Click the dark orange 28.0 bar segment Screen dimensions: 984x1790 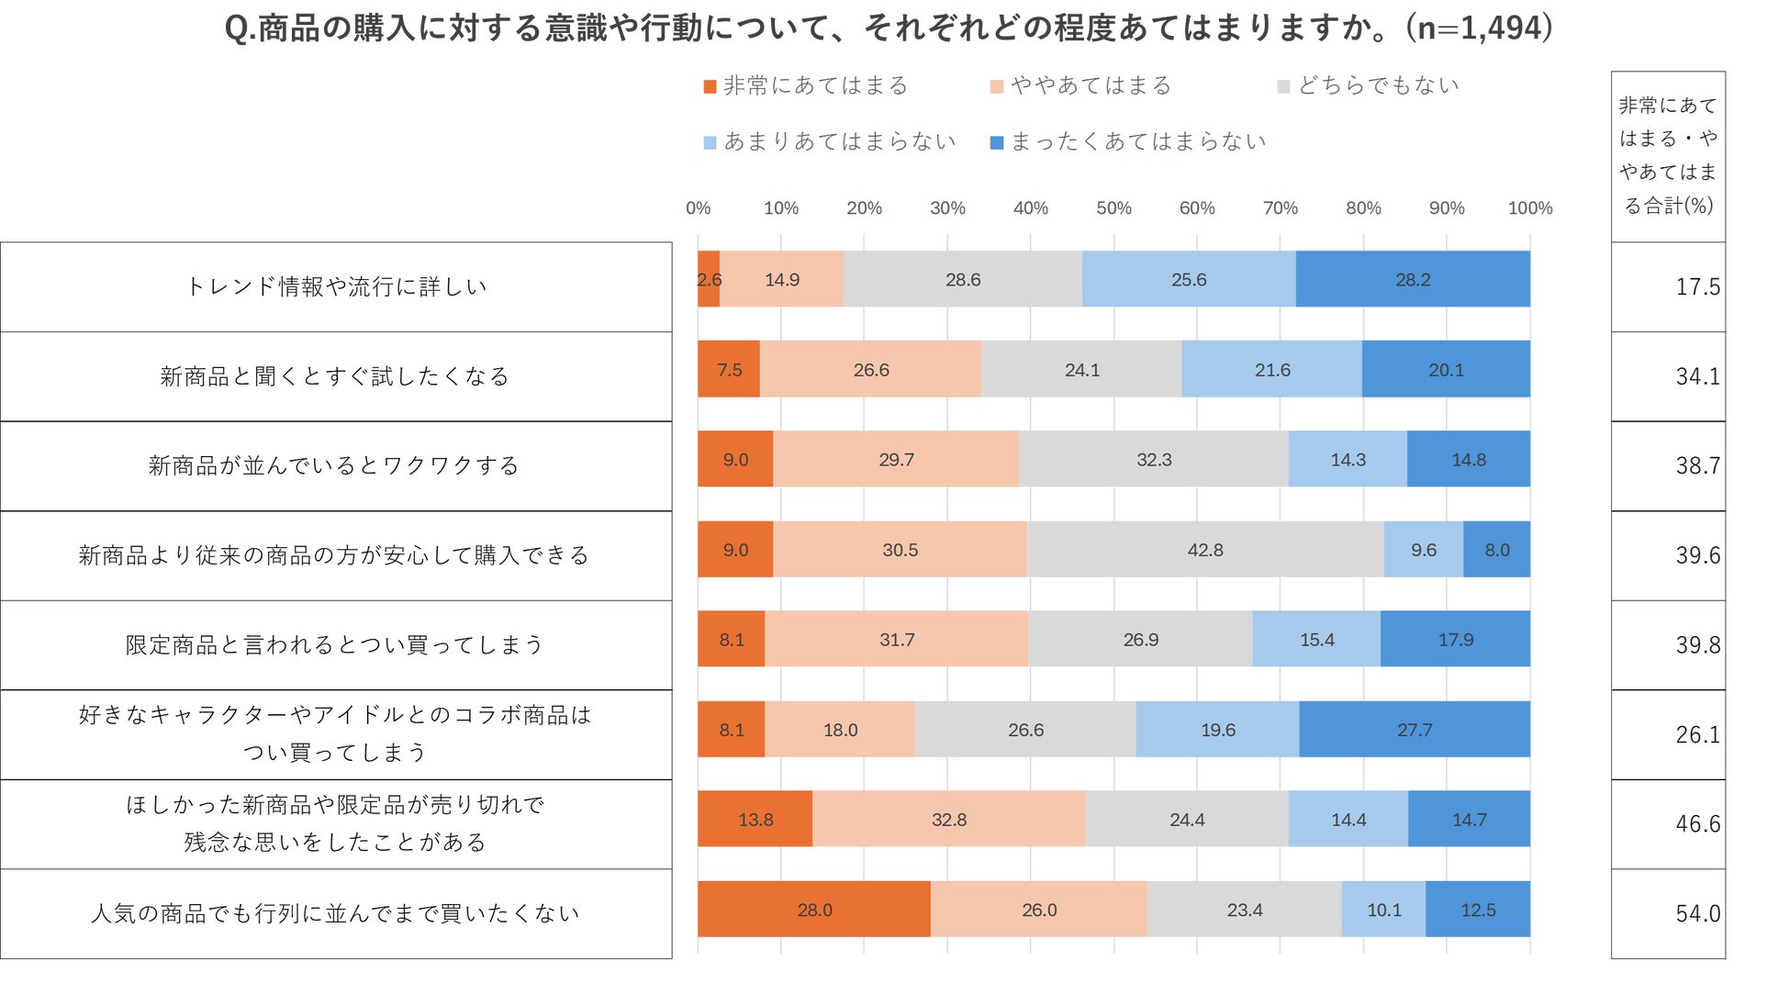pyautogui.click(x=814, y=910)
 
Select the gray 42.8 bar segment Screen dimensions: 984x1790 pyautogui.click(x=1205, y=550)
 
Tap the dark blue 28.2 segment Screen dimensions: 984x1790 pyautogui.click(x=1413, y=280)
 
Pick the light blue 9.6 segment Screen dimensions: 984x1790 pyautogui.click(x=1424, y=550)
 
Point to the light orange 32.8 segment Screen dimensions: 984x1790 pyautogui.click(x=949, y=820)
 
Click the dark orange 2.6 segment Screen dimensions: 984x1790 pyautogui.click(x=709, y=280)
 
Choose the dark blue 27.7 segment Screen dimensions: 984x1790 pyautogui.click(x=1415, y=730)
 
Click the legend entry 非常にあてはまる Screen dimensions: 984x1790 pyautogui.click(x=806, y=86)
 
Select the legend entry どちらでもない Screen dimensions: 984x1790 pyautogui.click(x=1369, y=86)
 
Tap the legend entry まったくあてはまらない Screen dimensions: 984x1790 pyautogui.click(x=1129, y=142)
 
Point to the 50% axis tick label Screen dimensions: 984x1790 pyautogui.click(x=1113, y=208)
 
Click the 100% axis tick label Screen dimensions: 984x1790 pyautogui.click(x=1529, y=208)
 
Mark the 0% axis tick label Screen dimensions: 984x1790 pyautogui.click(x=698, y=208)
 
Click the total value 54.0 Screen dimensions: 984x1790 pyautogui.click(x=1697, y=914)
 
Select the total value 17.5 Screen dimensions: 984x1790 pyautogui.click(x=1697, y=287)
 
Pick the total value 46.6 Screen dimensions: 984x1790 pyautogui.click(x=1697, y=824)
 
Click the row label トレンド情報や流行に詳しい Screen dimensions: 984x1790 pyautogui.click(x=336, y=287)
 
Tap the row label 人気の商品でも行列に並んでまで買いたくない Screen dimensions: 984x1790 pyautogui.click(x=336, y=914)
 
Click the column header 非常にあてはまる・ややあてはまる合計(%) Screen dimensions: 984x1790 pyautogui.click(x=1668, y=156)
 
